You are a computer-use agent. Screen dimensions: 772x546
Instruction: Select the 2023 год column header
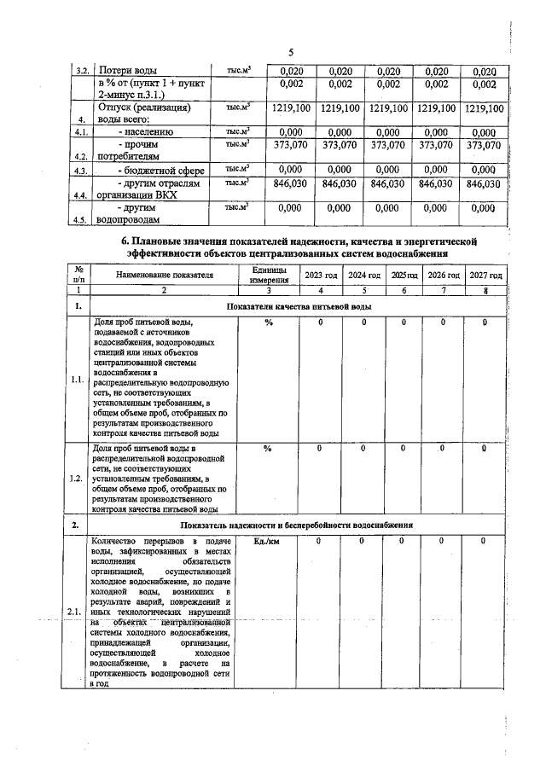320,276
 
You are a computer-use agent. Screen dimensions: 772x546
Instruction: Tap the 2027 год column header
485,276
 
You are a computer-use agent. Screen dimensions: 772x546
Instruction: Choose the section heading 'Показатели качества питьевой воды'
298,305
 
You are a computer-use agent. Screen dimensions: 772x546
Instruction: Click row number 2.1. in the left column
78,610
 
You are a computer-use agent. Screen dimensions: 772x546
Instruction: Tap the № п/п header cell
78,275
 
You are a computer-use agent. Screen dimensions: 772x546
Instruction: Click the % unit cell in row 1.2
268,448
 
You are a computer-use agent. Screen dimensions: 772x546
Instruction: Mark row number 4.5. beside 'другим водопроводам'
81,218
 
